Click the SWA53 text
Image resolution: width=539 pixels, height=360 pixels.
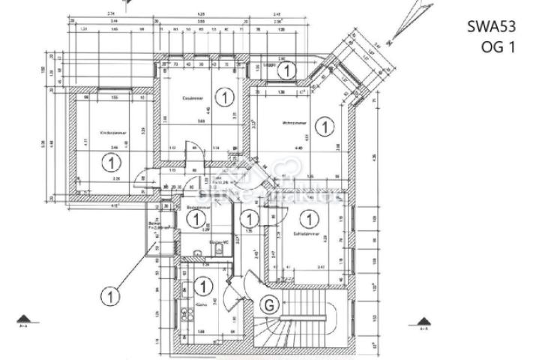pyautogui.click(x=492, y=28)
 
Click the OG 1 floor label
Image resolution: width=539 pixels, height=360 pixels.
pyautogui.click(x=499, y=46)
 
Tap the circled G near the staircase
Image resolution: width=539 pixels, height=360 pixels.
pyautogui.click(x=267, y=304)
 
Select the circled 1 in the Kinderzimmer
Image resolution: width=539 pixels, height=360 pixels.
pyautogui.click(x=112, y=161)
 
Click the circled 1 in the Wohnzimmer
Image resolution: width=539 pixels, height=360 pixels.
pyautogui.click(x=325, y=127)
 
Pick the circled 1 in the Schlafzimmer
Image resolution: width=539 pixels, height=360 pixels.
pyautogui.click(x=307, y=220)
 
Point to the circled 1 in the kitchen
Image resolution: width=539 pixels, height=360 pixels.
pyautogui.click(x=202, y=285)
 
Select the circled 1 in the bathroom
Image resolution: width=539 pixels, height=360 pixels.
pyautogui.click(x=196, y=220)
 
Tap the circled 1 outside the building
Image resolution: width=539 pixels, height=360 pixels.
pyautogui.click(x=111, y=297)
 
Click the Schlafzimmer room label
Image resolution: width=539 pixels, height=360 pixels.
pyautogui.click(x=306, y=234)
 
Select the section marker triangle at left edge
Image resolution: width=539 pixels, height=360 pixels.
pyautogui.click(x=24, y=319)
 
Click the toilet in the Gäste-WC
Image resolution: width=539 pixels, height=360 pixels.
pyautogui.click(x=217, y=253)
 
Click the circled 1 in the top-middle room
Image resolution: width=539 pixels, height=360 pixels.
pyautogui.click(x=223, y=96)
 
